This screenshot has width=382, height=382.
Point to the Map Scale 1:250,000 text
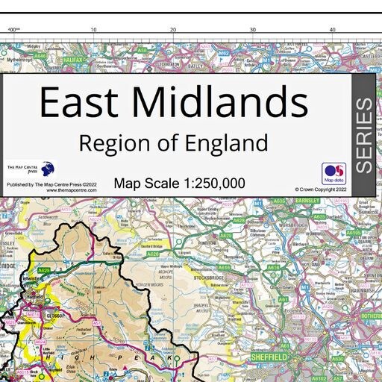179,183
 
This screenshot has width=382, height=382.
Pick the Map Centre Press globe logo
48,169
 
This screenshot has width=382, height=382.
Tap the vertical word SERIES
363,135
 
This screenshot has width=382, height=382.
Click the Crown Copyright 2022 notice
322,190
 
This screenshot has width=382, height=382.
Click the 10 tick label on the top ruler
93,30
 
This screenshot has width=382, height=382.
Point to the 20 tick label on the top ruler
173,30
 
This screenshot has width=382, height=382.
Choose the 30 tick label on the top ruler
253,30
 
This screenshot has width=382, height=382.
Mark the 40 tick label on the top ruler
332,30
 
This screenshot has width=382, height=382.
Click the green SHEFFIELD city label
270,357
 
